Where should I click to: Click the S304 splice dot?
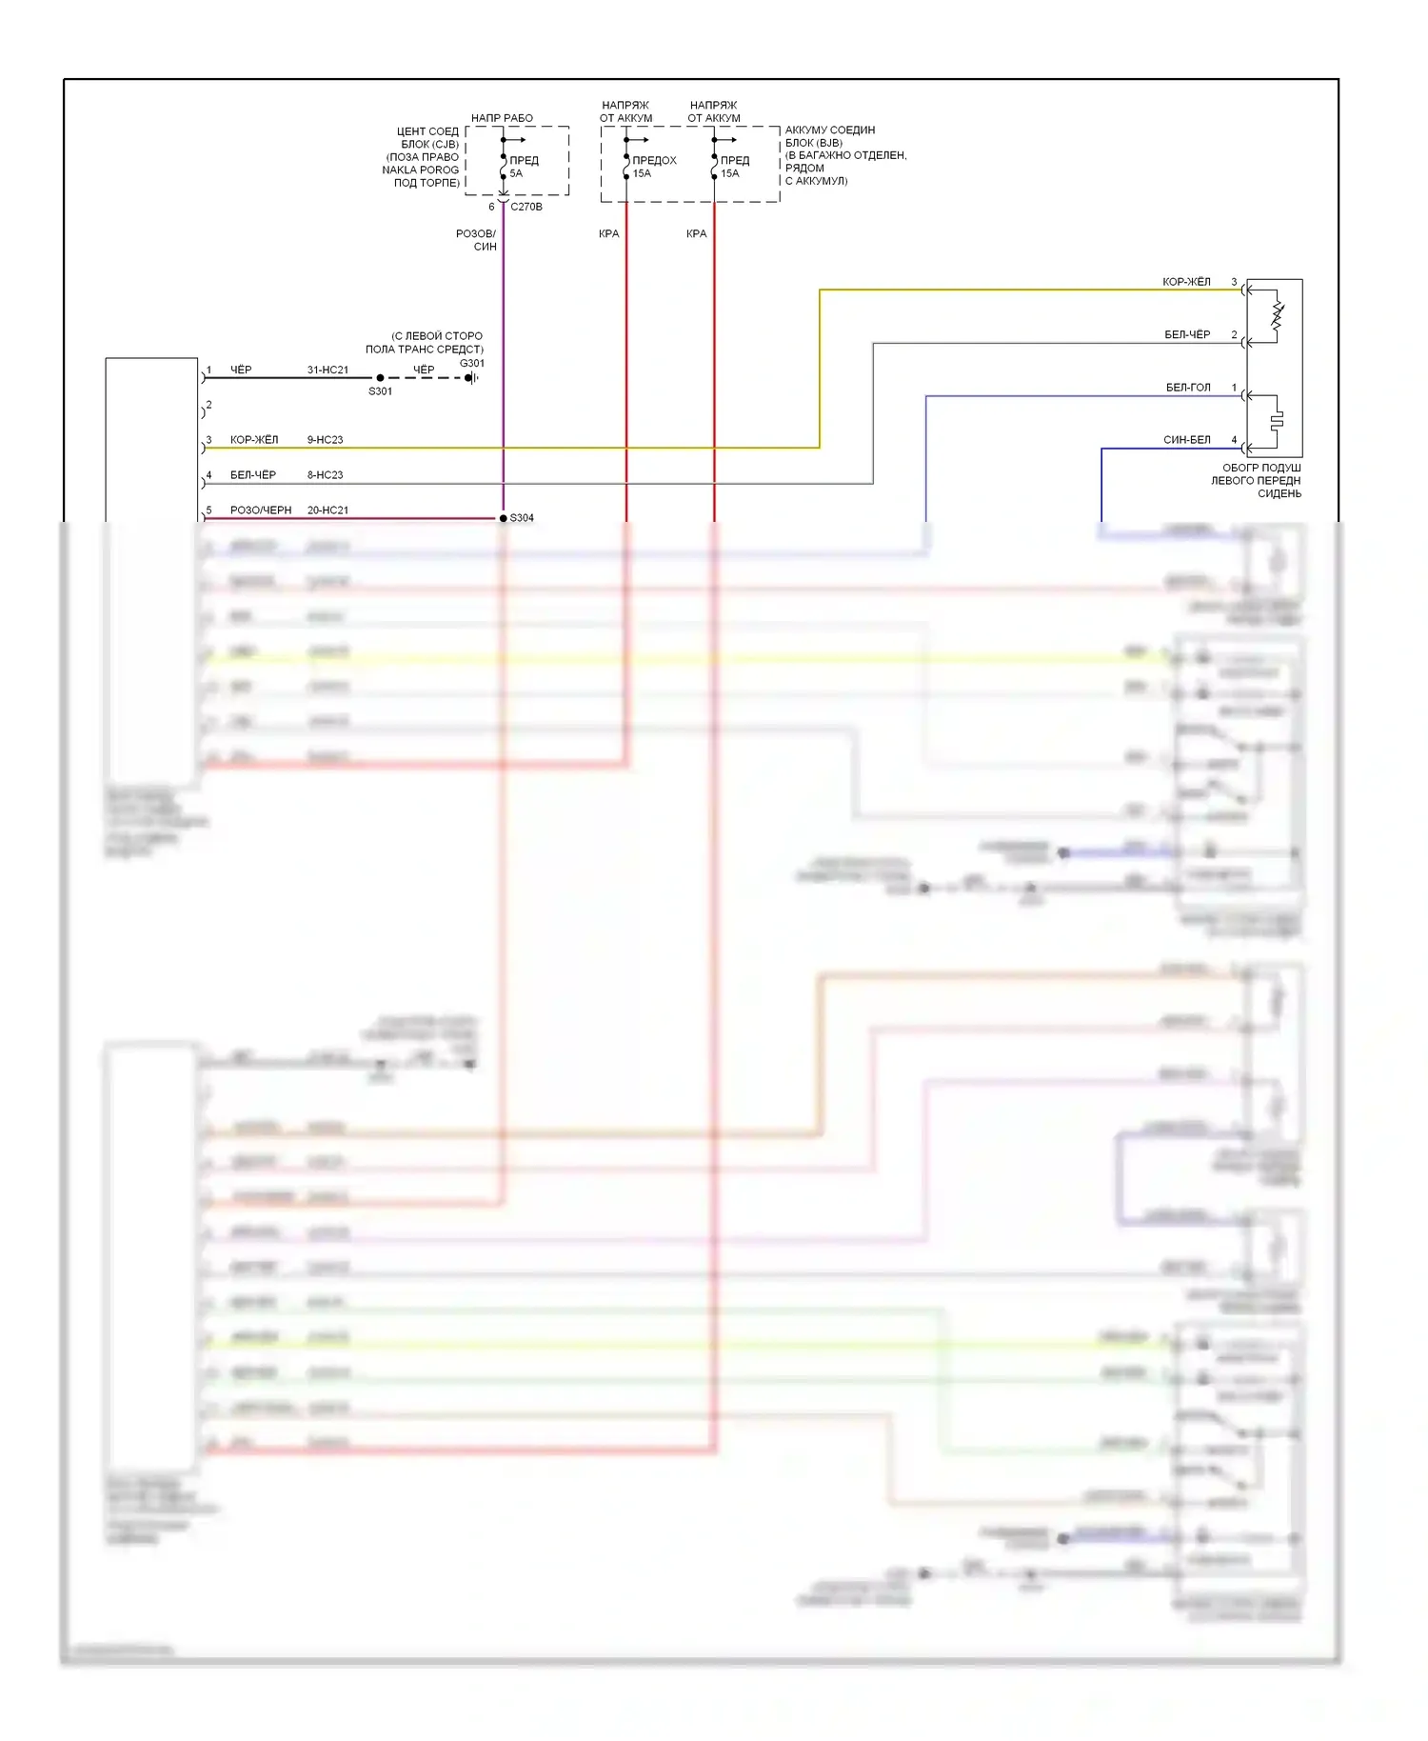pyautogui.click(x=504, y=518)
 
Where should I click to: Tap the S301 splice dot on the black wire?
pyautogui.click(x=380, y=378)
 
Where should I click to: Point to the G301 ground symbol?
pyautogui.click(x=470, y=378)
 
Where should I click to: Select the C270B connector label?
pyautogui.click(x=526, y=207)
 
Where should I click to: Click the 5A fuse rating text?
pyautogui.click(x=516, y=173)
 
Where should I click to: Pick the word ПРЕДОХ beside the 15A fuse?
pyautogui.click(x=654, y=160)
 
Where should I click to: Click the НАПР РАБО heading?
pyautogui.click(x=502, y=118)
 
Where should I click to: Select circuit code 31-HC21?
pyautogui.click(x=327, y=370)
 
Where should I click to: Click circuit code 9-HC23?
pyautogui.click(x=325, y=440)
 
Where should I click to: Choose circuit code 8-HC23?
pyautogui.click(x=325, y=475)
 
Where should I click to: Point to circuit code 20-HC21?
pyautogui.click(x=327, y=510)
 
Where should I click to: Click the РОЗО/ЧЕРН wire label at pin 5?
pyautogui.click(x=261, y=510)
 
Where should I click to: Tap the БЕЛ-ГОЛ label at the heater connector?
pyautogui.click(x=1188, y=388)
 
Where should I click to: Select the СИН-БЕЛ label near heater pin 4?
pyautogui.click(x=1187, y=440)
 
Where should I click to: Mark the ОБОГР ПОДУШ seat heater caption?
pyautogui.click(x=1260, y=469)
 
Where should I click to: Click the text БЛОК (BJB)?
pyautogui.click(x=813, y=143)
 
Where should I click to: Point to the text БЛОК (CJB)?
pyautogui.click(x=429, y=145)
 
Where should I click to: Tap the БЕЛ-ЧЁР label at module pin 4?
pyautogui.click(x=253, y=475)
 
